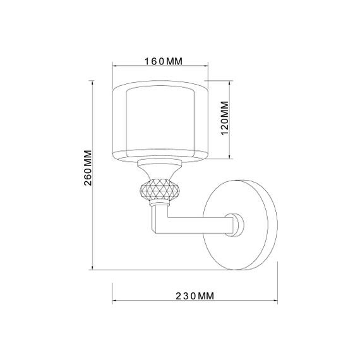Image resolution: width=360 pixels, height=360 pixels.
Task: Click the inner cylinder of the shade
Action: [x=161, y=120]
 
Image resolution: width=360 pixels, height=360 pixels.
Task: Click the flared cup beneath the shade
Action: [x=160, y=169]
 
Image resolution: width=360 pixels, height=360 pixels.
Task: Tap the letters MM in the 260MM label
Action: [x=88, y=157]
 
